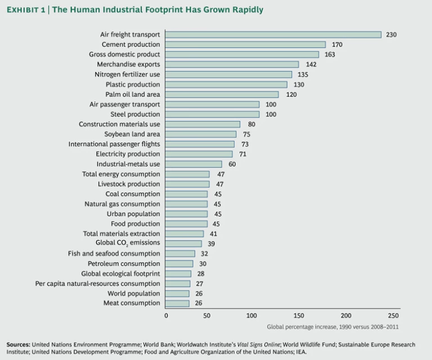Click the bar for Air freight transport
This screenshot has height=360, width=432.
[x=273, y=35]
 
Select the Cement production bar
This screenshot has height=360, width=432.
[x=246, y=44]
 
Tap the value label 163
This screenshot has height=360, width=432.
[x=330, y=55]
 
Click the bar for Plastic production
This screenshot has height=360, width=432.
[x=227, y=84]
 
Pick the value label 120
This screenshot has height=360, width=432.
[x=291, y=94]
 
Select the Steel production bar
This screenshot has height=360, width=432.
[x=213, y=114]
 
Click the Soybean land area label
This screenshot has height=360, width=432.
[x=132, y=134]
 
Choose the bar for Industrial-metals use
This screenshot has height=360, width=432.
[x=194, y=164]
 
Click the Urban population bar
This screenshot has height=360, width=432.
[x=187, y=214]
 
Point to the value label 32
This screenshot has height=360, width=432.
[x=204, y=254]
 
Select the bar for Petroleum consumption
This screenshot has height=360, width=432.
[x=179, y=263]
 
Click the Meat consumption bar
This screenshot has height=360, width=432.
[x=178, y=303]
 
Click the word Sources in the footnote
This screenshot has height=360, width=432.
[x=18, y=344]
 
